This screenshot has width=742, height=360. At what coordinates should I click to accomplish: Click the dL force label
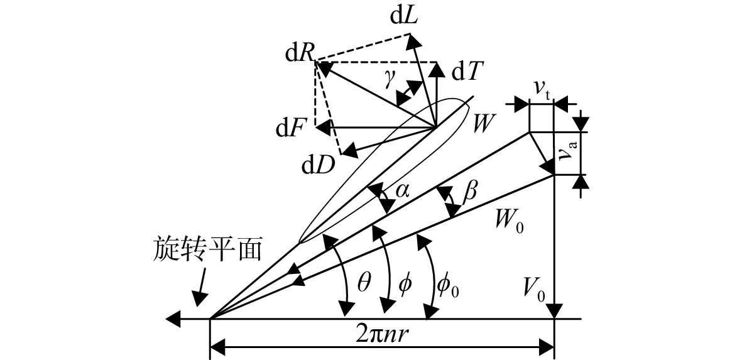point(403,17)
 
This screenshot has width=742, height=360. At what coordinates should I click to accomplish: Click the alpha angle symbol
point(402,190)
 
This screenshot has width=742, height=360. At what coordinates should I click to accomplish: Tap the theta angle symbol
point(363,285)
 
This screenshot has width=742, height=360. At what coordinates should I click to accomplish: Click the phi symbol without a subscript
point(405,285)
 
